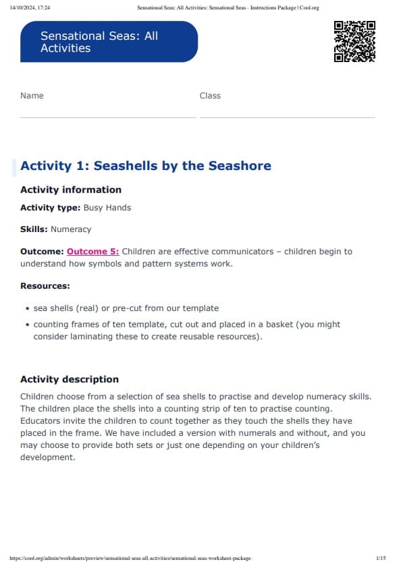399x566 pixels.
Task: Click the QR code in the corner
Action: click(354, 42)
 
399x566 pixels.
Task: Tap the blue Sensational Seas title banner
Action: click(109, 42)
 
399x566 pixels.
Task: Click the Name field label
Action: click(32, 96)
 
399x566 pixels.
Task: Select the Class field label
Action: click(210, 96)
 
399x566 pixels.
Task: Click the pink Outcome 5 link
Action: click(93, 252)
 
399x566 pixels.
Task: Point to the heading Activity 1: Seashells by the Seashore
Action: click(146, 166)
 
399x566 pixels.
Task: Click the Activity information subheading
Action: click(71, 190)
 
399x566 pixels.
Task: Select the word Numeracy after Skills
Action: click(71, 229)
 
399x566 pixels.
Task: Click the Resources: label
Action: click(45, 286)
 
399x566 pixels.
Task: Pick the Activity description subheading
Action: click(70, 379)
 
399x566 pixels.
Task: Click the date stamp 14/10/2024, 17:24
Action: click(30, 7)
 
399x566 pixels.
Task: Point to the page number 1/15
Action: click(381, 559)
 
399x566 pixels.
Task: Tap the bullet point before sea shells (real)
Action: click(27, 308)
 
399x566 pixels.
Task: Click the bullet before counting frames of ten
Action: click(27, 324)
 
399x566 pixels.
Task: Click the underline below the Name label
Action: click(108, 117)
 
